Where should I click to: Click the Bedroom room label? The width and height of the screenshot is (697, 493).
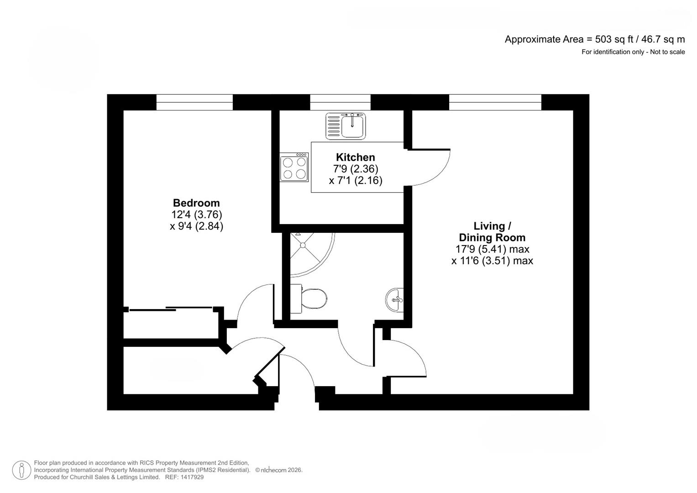(x=196, y=203)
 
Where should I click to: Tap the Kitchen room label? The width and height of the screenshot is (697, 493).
(x=355, y=157)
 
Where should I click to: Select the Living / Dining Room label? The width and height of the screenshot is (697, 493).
(x=492, y=232)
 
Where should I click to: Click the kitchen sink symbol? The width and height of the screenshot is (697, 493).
(x=346, y=126)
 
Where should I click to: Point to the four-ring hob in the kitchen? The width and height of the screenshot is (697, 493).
(x=294, y=168)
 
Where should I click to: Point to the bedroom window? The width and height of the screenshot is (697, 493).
(x=194, y=102)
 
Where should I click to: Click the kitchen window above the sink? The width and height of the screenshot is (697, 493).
(x=340, y=102)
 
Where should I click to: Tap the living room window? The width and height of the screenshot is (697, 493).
(x=495, y=102)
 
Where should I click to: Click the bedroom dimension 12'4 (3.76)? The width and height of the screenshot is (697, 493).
(x=196, y=215)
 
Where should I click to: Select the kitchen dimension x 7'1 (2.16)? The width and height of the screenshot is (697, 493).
(x=355, y=181)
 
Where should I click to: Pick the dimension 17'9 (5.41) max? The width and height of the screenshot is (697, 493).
(x=492, y=249)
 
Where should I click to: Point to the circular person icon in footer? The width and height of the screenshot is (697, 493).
(x=21, y=470)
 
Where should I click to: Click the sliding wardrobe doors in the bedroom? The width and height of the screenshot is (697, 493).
(x=171, y=309)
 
